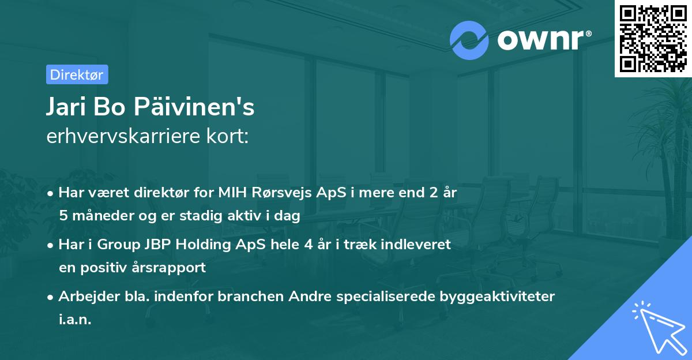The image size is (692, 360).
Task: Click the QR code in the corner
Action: click(x=653, y=38)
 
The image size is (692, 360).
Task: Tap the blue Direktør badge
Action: click(x=77, y=74)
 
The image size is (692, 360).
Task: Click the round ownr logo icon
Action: click(x=469, y=40)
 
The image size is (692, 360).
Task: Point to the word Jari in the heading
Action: click(x=66, y=107)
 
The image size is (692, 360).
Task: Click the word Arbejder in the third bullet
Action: click(x=85, y=297)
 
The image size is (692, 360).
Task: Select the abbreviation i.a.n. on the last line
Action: click(x=75, y=320)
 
